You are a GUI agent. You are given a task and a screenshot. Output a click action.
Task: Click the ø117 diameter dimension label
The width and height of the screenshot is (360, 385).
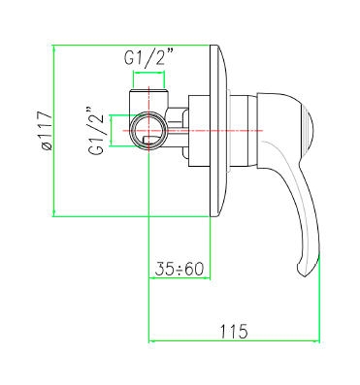45,130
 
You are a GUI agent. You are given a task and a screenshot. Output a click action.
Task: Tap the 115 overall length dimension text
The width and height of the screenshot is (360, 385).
234,331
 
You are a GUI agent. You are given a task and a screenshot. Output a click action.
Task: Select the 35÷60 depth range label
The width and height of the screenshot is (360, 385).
180,269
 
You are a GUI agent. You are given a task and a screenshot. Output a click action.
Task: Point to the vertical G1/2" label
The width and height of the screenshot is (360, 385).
97,130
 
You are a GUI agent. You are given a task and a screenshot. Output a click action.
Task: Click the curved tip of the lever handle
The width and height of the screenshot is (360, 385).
304,271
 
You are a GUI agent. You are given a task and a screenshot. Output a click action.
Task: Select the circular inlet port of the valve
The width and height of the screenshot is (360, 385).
148,130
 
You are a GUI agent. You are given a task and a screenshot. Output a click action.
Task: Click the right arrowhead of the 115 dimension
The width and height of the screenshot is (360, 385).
316,340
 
